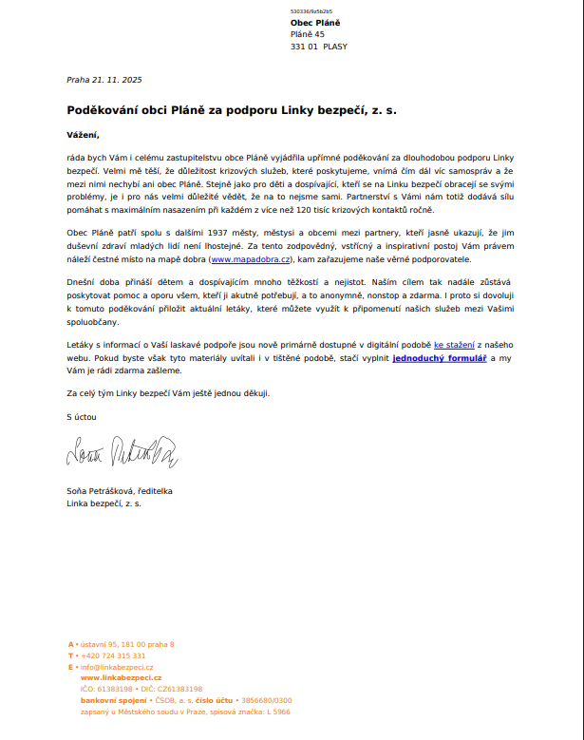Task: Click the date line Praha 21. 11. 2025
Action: tap(104, 80)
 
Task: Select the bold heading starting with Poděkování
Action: tap(231, 110)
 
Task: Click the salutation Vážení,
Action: tap(83, 134)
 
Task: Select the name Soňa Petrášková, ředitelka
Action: tap(119, 491)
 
